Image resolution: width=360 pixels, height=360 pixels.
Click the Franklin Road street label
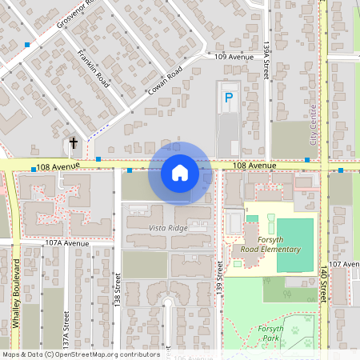pyautogui.click(x=93, y=66)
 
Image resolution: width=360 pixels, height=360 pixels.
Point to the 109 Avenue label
pyautogui.click(x=234, y=57)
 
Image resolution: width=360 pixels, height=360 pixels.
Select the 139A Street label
pyautogui.click(x=266, y=60)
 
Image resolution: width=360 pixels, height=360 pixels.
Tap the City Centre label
pyautogui.click(x=314, y=127)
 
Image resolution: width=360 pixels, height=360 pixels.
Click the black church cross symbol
pyautogui.click(x=74, y=144)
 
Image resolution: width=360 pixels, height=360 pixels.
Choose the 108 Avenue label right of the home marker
pyautogui.click(x=254, y=166)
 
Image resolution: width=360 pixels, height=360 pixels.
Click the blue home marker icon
pyautogui.click(x=180, y=173)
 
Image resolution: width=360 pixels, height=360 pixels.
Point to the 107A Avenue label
pyautogui.click(x=66, y=242)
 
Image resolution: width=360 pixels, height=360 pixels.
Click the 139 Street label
pyautogui.click(x=219, y=280)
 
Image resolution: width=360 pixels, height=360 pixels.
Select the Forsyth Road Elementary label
pyautogui.click(x=271, y=245)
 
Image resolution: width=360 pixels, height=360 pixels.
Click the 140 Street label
pyautogui.click(x=324, y=284)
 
